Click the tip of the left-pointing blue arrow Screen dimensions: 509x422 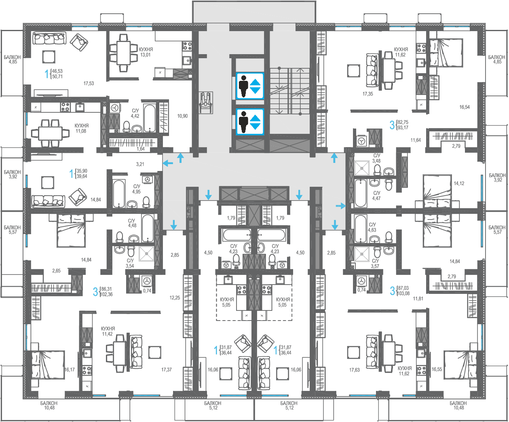point(163,163)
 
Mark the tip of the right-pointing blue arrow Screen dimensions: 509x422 point(346,206)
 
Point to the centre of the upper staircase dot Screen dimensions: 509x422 point(279,68)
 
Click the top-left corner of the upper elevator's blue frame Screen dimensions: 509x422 point(236,72)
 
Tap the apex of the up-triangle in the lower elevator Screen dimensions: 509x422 point(256,115)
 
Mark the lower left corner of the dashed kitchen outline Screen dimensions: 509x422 point(216,320)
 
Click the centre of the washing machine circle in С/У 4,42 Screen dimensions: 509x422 point(114,108)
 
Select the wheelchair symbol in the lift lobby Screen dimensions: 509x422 point(206,103)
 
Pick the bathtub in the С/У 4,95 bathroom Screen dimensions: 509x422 point(119,194)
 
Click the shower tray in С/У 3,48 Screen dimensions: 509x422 point(362,168)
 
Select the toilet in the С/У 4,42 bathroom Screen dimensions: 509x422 point(126,126)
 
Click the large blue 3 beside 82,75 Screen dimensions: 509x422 point(392,125)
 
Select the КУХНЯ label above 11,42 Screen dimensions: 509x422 point(108,329)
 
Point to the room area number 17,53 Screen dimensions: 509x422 point(89,83)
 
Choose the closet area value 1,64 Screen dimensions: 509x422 point(141,149)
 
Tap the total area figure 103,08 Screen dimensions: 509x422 point(403,293)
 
